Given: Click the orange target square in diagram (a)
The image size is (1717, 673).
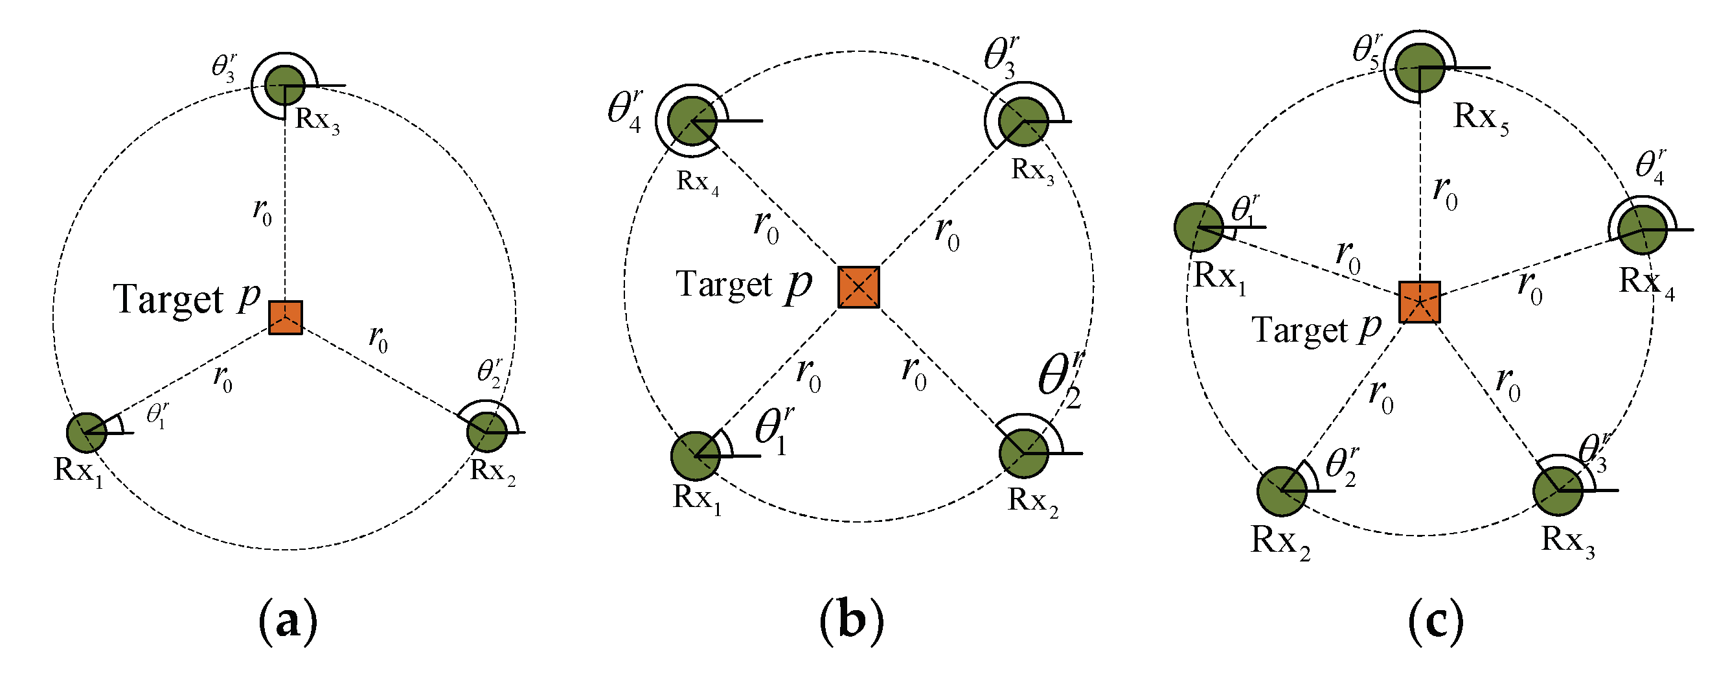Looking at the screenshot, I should click(285, 318).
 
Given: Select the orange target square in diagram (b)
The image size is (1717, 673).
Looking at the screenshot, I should click(859, 287).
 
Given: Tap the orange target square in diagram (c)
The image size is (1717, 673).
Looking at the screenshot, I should click(1420, 302).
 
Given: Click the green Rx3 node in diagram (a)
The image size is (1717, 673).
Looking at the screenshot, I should click(285, 86).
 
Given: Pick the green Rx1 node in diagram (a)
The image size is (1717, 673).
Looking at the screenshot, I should click(87, 433).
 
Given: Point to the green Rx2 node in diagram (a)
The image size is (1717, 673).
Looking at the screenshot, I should click(487, 432).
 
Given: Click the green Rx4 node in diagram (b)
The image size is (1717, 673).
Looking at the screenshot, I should click(692, 121).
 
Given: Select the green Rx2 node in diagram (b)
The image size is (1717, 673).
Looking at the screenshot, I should click(1024, 454).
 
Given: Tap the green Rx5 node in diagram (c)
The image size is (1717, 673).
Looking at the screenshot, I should click(1420, 68).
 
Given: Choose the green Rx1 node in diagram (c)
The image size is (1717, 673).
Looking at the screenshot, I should click(1198, 228).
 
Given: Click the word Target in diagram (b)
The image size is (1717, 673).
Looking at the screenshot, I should click(723, 284).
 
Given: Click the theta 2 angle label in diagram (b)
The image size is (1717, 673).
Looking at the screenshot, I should click(1060, 380).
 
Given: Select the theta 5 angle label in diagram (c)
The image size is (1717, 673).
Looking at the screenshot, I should click(1367, 50).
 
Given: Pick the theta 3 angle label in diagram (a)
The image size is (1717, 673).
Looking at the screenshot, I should click(224, 67).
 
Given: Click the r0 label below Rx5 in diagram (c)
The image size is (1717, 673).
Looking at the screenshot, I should click(1445, 193).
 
